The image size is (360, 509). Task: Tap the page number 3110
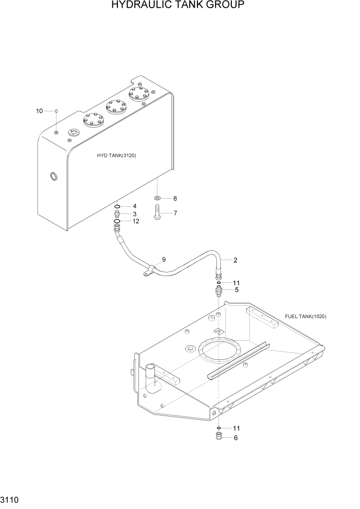(11, 498)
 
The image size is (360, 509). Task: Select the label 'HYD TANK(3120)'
(116, 155)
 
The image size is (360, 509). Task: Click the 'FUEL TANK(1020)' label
(305, 317)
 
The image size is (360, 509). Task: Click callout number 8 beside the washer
(175, 199)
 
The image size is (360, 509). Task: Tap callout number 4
(135, 206)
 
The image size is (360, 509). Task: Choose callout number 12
(136, 222)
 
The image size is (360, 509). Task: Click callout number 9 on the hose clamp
(164, 260)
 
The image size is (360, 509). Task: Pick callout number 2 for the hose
(235, 260)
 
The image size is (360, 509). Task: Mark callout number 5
(236, 290)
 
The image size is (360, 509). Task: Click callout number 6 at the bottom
(235, 438)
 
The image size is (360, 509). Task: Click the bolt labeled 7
(157, 212)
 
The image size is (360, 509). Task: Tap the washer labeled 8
(157, 199)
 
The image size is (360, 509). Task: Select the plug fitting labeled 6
(219, 438)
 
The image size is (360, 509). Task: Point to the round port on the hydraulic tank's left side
(52, 177)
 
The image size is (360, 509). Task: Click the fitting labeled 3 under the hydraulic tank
(118, 214)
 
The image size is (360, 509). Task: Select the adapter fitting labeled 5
(219, 291)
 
